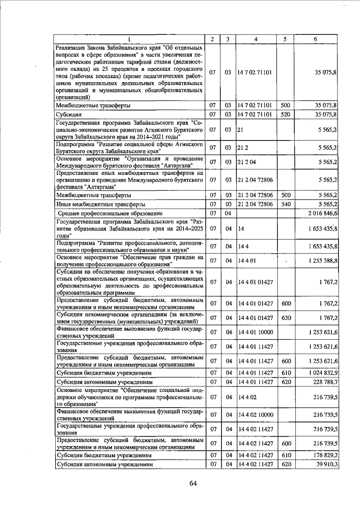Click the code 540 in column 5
[285, 204]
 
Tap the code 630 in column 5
[285, 317]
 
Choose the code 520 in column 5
[285, 114]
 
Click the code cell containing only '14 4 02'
[247, 397]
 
